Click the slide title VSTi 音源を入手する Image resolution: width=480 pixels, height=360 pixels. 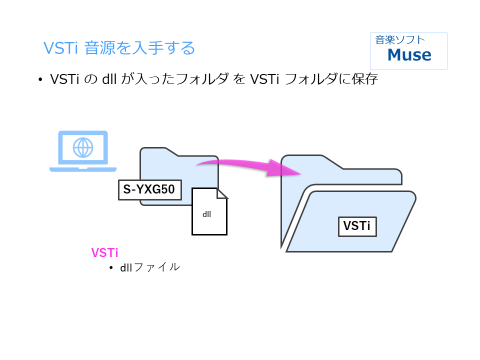(x=119, y=48)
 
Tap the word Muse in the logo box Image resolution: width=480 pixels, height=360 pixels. (x=409, y=54)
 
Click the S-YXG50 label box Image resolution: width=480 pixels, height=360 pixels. (x=149, y=190)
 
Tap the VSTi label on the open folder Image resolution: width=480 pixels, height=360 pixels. (x=357, y=226)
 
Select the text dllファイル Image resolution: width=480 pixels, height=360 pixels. (x=149, y=267)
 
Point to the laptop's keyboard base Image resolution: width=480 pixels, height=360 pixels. (x=83, y=169)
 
